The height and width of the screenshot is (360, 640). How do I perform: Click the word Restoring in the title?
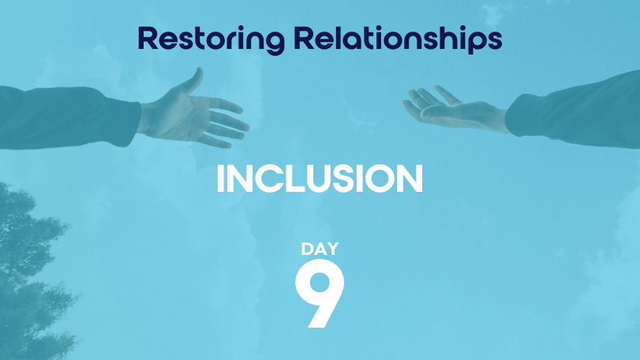click(x=211, y=39)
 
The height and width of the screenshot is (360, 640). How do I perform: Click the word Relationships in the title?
click(x=398, y=39)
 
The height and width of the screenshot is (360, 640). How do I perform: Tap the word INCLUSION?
click(x=320, y=178)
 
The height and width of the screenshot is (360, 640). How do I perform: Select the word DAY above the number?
click(x=320, y=249)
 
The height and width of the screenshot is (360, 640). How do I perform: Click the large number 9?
click(x=320, y=293)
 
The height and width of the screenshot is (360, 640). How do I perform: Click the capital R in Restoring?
click(x=148, y=38)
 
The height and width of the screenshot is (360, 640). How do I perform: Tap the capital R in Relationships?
click(x=304, y=38)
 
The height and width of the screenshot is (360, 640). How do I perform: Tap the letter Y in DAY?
click(x=331, y=249)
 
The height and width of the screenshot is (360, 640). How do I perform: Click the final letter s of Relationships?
click(x=494, y=41)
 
